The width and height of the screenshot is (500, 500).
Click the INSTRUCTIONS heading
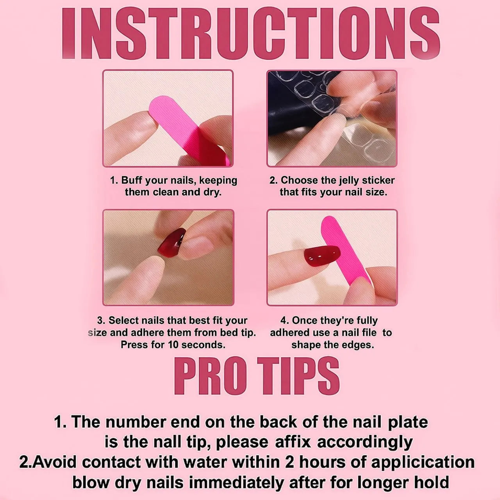point(251,34)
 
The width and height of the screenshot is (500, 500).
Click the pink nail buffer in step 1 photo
point(189,130)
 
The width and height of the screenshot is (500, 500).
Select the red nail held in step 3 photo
point(172,242)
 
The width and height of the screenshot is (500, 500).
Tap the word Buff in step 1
point(132,180)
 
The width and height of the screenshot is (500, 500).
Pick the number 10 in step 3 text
point(173,345)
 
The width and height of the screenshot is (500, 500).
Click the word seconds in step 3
point(203,345)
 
